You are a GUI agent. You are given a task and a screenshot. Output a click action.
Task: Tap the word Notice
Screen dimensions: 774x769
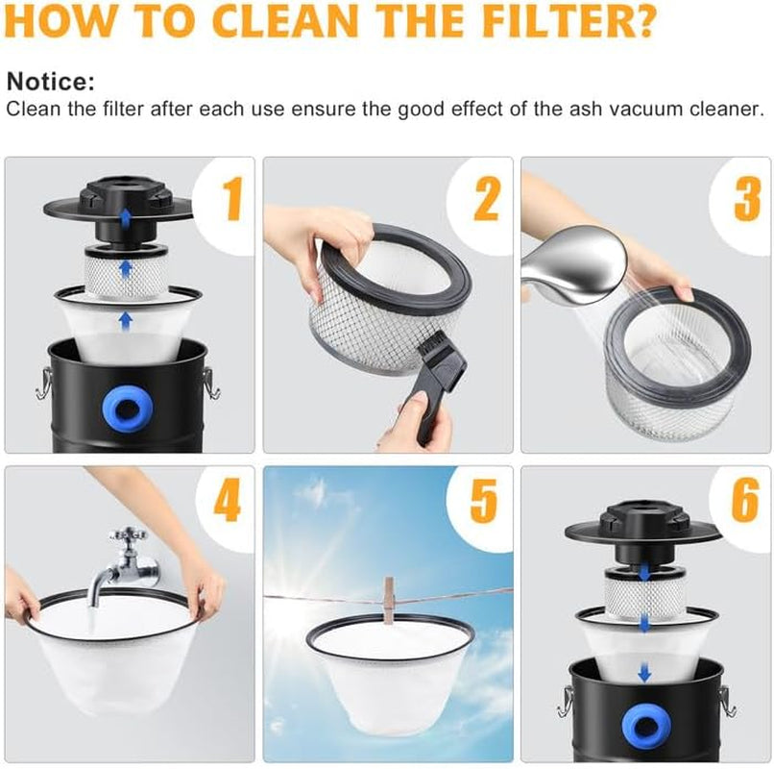click(50, 82)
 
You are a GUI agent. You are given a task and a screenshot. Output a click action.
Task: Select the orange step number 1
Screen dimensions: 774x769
click(232, 198)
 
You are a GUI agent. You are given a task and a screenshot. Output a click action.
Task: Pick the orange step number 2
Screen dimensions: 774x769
click(486, 198)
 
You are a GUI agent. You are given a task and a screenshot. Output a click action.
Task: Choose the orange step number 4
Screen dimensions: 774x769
click(227, 500)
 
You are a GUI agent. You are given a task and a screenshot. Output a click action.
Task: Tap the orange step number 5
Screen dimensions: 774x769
click(484, 500)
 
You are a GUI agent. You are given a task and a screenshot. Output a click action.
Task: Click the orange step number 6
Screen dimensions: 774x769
click(745, 500)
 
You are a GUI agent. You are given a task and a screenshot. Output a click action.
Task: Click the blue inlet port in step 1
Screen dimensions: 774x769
click(128, 409)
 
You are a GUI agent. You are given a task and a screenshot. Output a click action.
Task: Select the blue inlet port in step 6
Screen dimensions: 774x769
click(644, 726)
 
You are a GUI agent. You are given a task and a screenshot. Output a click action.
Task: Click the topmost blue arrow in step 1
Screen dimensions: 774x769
click(127, 216)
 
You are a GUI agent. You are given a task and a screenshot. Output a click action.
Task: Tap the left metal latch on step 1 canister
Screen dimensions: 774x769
click(43, 384)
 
